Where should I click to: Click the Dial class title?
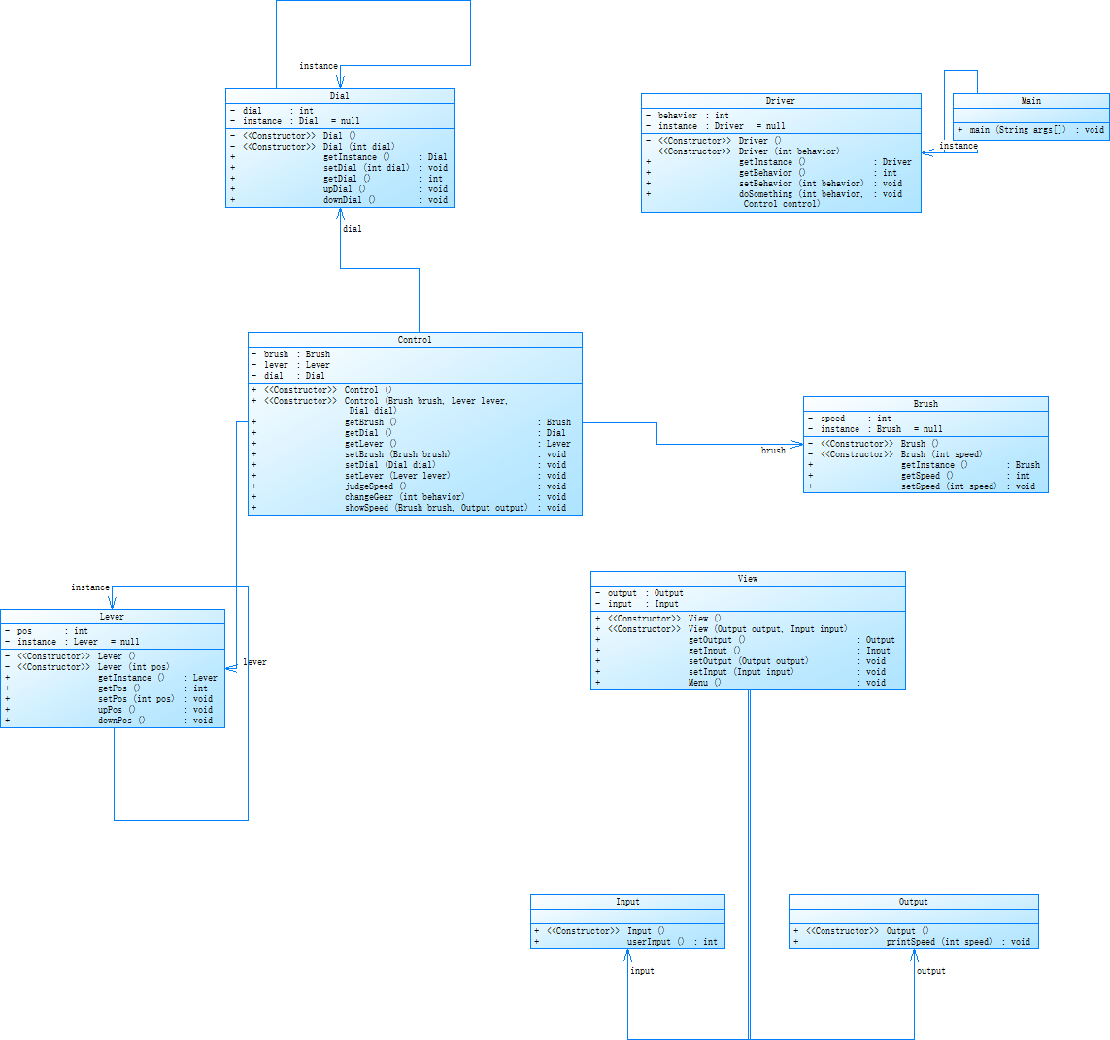pyautogui.click(x=339, y=96)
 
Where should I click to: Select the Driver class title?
pyautogui.click(x=780, y=101)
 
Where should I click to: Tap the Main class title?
pyautogui.click(x=1030, y=101)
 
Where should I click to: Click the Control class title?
pyautogui.click(x=415, y=340)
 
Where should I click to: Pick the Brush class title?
pyautogui.click(x=925, y=404)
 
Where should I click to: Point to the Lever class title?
pyautogui.click(x=112, y=617)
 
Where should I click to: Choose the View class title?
pyautogui.click(x=747, y=579)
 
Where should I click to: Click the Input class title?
pyautogui.click(x=627, y=902)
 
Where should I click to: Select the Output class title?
pyautogui.click(x=913, y=902)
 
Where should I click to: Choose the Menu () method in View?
pyautogui.click(x=704, y=683)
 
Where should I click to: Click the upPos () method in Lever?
pyautogui.click(x=117, y=710)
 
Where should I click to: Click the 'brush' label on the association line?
pyautogui.click(x=773, y=451)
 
